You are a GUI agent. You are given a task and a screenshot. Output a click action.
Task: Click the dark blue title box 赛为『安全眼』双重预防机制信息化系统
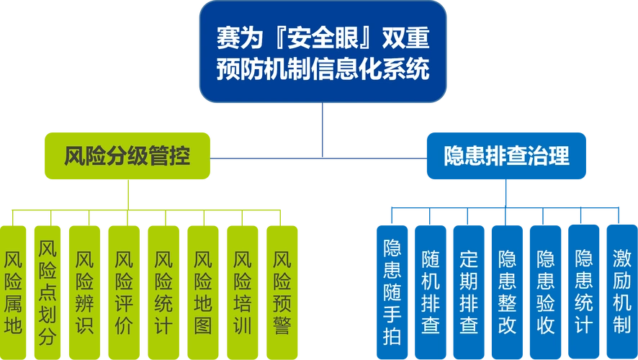click(x=323, y=52)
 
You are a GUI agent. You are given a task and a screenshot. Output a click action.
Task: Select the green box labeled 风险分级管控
click(x=127, y=156)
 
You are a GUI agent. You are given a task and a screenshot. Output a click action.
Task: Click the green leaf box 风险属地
click(x=13, y=292)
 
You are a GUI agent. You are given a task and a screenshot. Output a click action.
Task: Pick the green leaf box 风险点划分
click(x=48, y=292)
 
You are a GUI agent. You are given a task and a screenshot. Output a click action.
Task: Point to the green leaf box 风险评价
click(x=124, y=292)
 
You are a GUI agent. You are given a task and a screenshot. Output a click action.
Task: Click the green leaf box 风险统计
click(x=163, y=292)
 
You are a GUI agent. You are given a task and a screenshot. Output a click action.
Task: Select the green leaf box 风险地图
click(x=203, y=292)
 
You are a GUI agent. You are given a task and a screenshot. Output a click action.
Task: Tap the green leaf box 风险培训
click(x=243, y=292)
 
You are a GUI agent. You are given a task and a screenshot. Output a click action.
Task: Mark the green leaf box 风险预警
click(x=282, y=292)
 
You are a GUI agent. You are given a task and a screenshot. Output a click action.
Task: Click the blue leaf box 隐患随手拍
click(x=392, y=292)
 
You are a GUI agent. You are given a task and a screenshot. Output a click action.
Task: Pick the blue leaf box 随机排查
click(x=431, y=292)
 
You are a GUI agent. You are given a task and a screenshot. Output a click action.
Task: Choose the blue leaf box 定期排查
click(x=469, y=292)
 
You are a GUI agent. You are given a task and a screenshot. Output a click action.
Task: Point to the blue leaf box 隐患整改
click(x=507, y=292)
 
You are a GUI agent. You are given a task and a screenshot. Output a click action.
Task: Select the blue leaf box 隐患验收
click(x=545, y=292)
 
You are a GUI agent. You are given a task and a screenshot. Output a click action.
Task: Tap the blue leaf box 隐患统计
click(x=583, y=292)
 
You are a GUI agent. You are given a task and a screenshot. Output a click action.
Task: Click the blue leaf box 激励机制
click(x=621, y=292)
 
